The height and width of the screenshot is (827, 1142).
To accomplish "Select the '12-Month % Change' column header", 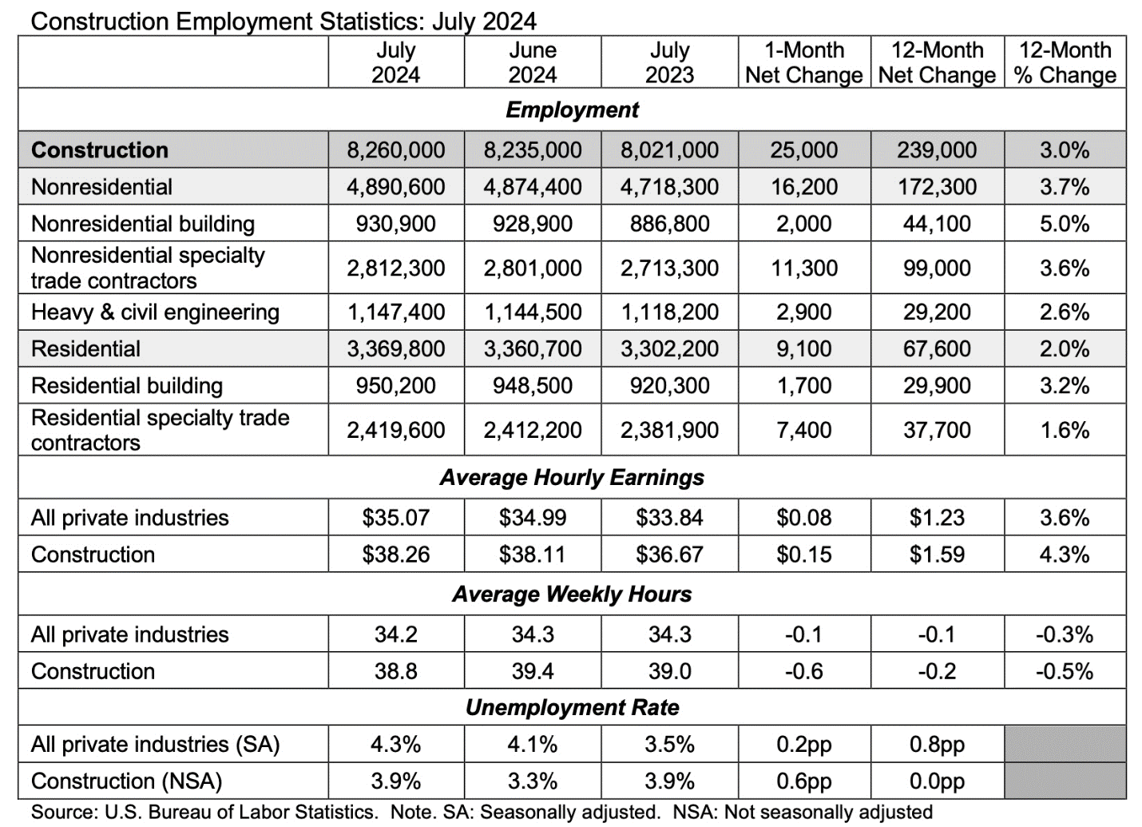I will [x=1065, y=62].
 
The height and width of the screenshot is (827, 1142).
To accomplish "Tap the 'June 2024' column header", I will [x=533, y=62].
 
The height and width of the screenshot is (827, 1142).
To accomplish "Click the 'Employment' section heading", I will [x=572, y=109].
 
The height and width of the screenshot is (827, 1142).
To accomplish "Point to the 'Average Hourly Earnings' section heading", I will [x=572, y=478].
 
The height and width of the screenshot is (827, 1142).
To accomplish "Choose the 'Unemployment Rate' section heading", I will [x=572, y=708].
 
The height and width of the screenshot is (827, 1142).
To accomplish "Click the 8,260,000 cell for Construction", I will [x=395, y=150].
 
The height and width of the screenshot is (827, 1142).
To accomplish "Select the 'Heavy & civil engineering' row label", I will [x=155, y=312].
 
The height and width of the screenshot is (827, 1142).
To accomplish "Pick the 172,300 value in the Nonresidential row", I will [x=937, y=187].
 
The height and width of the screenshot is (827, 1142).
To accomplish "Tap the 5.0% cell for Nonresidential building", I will [x=1065, y=224].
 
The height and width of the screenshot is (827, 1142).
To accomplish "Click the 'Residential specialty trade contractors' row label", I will [x=160, y=430].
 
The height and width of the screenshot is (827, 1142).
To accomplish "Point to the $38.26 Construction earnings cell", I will [x=395, y=555].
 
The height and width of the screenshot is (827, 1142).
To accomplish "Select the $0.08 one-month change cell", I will [x=803, y=518].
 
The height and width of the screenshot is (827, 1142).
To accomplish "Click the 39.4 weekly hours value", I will [x=533, y=671].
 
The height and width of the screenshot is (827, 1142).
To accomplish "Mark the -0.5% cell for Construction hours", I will [x=1065, y=671].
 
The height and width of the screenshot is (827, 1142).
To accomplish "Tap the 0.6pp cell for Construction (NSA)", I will [x=803, y=781].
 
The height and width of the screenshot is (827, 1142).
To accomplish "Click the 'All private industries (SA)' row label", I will [x=155, y=745].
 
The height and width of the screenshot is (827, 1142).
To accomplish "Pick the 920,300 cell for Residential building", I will [x=669, y=386].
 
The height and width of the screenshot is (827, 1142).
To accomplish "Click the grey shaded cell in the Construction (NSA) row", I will [x=1065, y=781].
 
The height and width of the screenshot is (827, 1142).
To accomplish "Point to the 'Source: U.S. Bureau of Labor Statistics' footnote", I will [x=204, y=813].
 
